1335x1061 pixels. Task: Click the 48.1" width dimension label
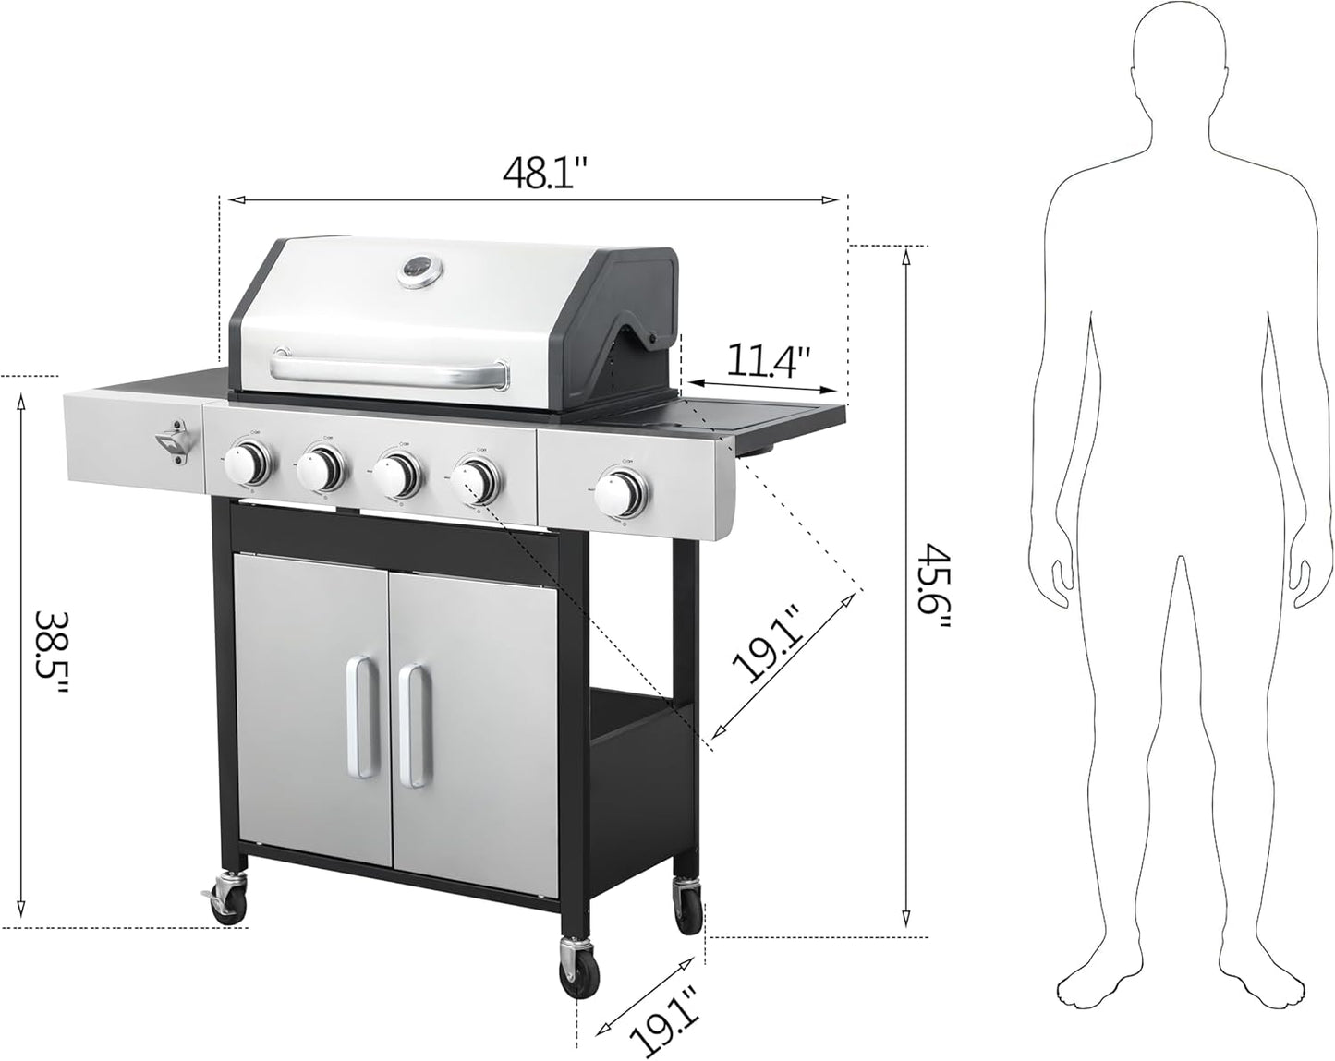click(545, 173)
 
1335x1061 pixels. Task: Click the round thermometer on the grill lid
click(419, 271)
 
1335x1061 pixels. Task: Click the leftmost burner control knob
click(249, 461)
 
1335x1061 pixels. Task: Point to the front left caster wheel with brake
click(227, 899)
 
